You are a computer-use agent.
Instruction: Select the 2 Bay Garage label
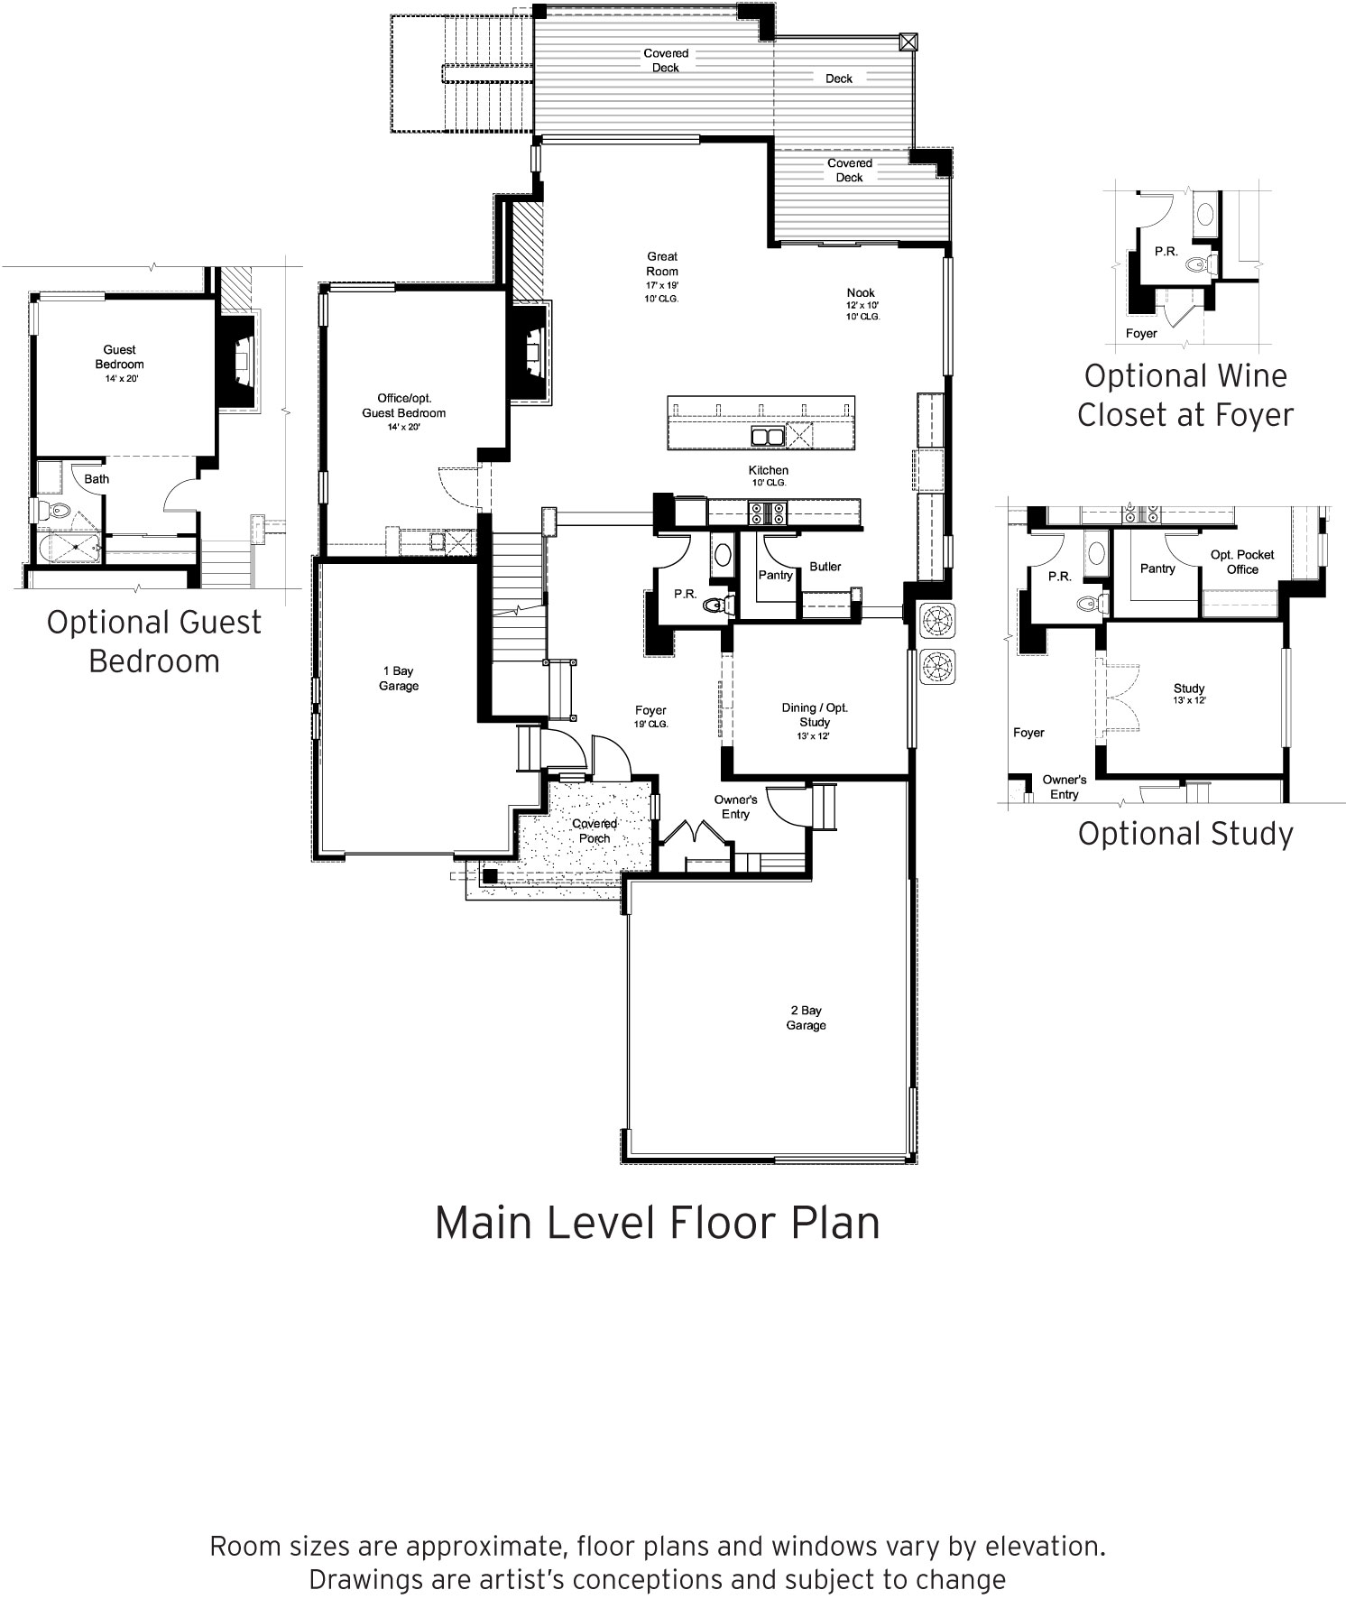click(805, 1018)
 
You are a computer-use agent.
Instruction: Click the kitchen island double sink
click(768, 438)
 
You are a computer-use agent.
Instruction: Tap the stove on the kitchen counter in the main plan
click(767, 513)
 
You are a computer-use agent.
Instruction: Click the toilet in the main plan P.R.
click(716, 605)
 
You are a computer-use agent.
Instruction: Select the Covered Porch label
click(595, 831)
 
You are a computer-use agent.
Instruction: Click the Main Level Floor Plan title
click(657, 1223)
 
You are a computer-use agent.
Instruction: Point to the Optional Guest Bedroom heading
click(154, 642)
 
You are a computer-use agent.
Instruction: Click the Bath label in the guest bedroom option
click(97, 479)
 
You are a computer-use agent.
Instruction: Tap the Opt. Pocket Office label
click(1242, 562)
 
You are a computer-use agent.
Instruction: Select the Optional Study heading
click(1185, 833)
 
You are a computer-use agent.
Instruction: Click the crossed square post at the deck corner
click(908, 42)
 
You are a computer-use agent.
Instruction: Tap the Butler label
click(825, 567)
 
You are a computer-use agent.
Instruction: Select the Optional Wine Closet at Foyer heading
click(1185, 395)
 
